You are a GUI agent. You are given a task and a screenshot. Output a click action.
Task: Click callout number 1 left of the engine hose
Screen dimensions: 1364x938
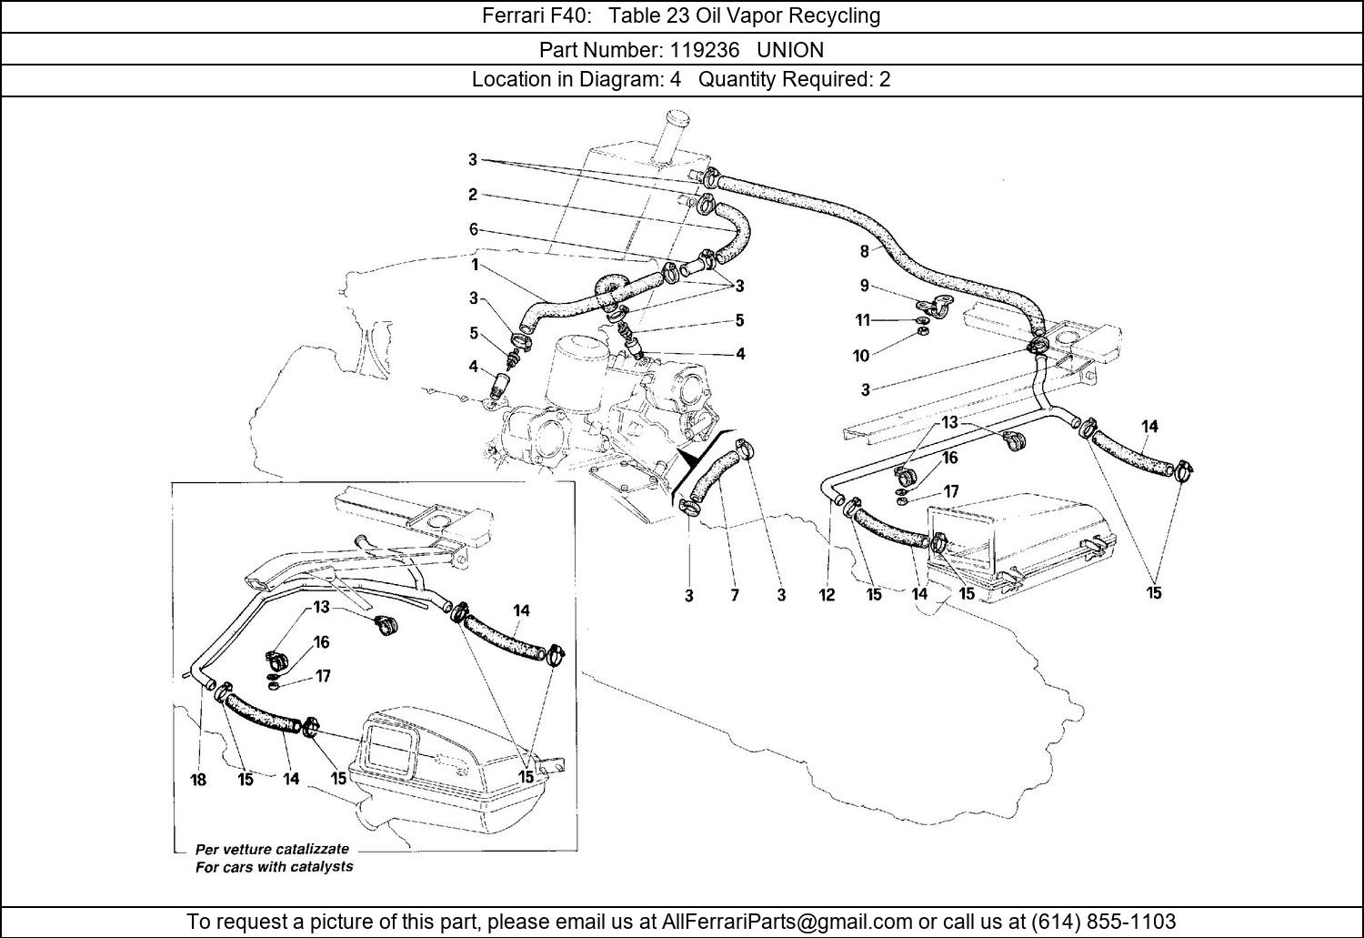[x=475, y=265]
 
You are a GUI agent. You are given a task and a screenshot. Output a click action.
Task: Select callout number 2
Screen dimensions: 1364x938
[x=473, y=195]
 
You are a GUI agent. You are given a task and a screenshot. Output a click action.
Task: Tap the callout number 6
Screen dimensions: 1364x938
[x=473, y=229]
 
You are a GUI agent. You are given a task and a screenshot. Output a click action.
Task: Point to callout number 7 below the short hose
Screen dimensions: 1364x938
[x=735, y=595]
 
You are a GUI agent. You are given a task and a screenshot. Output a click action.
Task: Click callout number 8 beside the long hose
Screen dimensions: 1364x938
[x=865, y=251]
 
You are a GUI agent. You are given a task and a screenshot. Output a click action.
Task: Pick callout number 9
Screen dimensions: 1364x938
[x=865, y=286]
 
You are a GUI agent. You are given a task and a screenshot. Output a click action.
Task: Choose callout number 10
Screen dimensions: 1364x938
[x=861, y=356]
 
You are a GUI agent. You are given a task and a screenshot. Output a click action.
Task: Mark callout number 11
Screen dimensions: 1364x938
[x=863, y=320]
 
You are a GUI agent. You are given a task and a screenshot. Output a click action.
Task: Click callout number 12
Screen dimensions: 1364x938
[x=827, y=595]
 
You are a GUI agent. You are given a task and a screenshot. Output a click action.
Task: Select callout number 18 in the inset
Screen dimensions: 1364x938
[x=198, y=780]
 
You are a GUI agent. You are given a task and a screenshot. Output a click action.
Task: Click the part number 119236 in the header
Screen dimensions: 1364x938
[x=705, y=50]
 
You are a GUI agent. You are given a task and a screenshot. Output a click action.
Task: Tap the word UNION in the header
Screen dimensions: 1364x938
[x=790, y=50]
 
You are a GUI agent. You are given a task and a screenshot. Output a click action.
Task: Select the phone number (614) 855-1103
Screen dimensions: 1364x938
[x=1103, y=921]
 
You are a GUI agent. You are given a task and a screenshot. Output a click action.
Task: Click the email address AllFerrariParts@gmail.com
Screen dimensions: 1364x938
[x=787, y=921]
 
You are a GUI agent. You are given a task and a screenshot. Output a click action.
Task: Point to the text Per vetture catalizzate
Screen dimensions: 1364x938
[x=272, y=849]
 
